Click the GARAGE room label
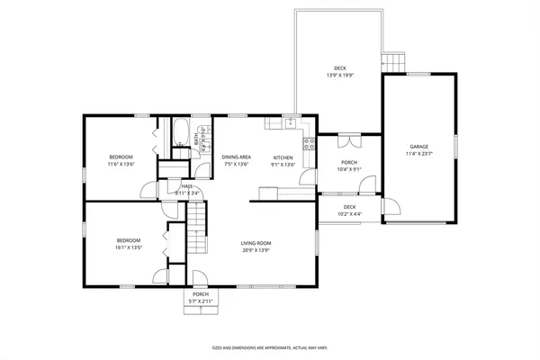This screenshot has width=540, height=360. pyautogui.click(x=418, y=147)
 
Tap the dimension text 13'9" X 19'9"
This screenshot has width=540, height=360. pyautogui.click(x=339, y=76)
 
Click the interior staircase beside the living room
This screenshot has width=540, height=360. pyautogui.click(x=197, y=229)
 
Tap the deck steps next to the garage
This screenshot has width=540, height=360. pyautogui.click(x=393, y=63)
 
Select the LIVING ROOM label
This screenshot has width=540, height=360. pyautogui.click(x=256, y=243)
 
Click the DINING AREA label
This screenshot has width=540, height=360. pyautogui.click(x=237, y=157)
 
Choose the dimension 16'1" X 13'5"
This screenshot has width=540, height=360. pyautogui.click(x=128, y=247)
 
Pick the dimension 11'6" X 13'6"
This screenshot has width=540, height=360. pyautogui.click(x=121, y=165)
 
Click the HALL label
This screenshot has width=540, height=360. pyautogui.click(x=187, y=185)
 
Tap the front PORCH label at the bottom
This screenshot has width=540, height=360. pyautogui.click(x=200, y=294)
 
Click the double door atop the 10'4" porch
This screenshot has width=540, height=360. pyautogui.click(x=348, y=140)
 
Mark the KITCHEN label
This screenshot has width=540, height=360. pyautogui.click(x=283, y=157)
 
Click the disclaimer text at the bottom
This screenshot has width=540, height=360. pyautogui.click(x=270, y=347)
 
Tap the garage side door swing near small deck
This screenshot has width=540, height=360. pyautogui.click(x=391, y=209)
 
